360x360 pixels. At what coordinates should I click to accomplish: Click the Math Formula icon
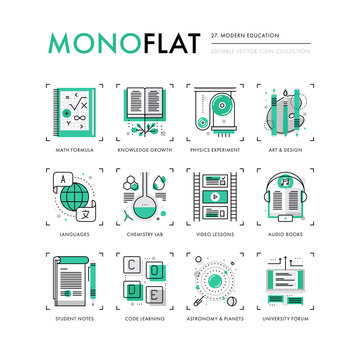pyautogui.click(x=74, y=116)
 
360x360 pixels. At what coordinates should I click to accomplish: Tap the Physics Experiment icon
pyautogui.click(x=214, y=116)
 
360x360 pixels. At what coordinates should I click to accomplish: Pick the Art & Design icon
pyautogui.click(x=286, y=116)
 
